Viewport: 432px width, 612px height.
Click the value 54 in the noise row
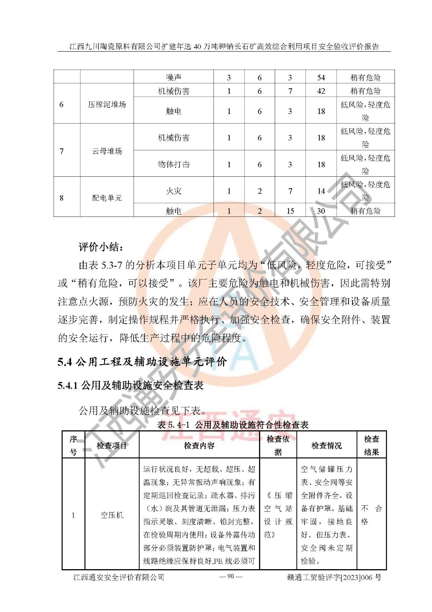(x=321, y=78)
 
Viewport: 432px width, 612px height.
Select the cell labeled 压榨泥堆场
(x=107, y=104)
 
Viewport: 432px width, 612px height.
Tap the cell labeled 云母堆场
(x=107, y=151)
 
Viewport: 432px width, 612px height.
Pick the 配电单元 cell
(x=107, y=198)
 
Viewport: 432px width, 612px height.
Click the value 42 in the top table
(x=321, y=91)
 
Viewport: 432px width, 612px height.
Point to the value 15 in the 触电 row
(x=290, y=211)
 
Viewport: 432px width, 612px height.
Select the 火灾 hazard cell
(x=173, y=191)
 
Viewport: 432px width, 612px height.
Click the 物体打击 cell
(x=173, y=164)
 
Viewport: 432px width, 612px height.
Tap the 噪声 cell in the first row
(x=173, y=78)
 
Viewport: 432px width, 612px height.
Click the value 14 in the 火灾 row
(x=321, y=191)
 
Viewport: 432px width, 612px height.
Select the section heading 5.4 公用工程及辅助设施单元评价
(x=142, y=361)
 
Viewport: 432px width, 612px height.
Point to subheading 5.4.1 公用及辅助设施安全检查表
(x=130, y=385)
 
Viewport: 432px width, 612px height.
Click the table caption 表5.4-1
(x=233, y=425)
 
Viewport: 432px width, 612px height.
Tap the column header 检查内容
(x=199, y=445)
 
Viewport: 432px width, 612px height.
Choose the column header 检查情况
(x=326, y=445)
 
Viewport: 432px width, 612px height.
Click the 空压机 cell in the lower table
(x=112, y=515)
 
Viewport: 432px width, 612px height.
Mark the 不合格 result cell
(x=371, y=515)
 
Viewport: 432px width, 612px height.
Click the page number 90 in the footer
(x=230, y=576)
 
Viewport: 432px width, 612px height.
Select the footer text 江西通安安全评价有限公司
(x=119, y=577)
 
